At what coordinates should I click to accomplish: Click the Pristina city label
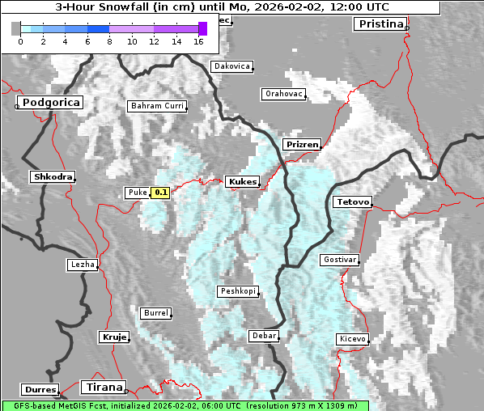[379, 24]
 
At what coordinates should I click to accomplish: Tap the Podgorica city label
[49, 103]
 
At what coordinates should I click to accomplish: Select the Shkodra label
[53, 176]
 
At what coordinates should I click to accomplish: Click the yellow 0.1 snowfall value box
[160, 193]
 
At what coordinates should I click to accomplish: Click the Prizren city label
[302, 145]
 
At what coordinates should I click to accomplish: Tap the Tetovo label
[352, 201]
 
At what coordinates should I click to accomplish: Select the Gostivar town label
[339, 260]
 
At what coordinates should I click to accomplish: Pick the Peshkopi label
[237, 291]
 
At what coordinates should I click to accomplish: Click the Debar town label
[264, 336]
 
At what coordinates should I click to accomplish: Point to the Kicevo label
[352, 339]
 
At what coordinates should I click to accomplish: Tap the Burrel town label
[155, 313]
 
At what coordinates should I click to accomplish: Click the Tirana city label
[104, 388]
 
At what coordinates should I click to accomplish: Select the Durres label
[40, 390]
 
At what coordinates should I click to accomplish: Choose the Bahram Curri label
[157, 106]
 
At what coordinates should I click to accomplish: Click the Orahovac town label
[283, 94]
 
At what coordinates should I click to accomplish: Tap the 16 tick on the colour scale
[198, 41]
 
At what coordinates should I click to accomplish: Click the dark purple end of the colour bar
[202, 28]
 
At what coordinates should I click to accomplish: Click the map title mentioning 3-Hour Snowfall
[221, 6]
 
